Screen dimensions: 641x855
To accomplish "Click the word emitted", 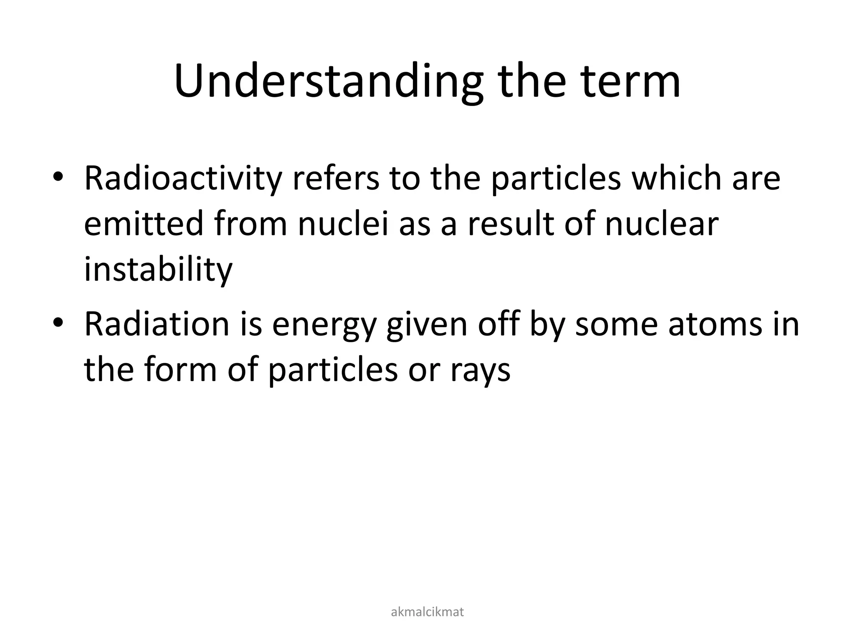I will (x=143, y=224).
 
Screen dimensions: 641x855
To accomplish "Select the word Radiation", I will (x=157, y=325).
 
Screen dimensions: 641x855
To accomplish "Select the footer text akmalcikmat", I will (x=427, y=612).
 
